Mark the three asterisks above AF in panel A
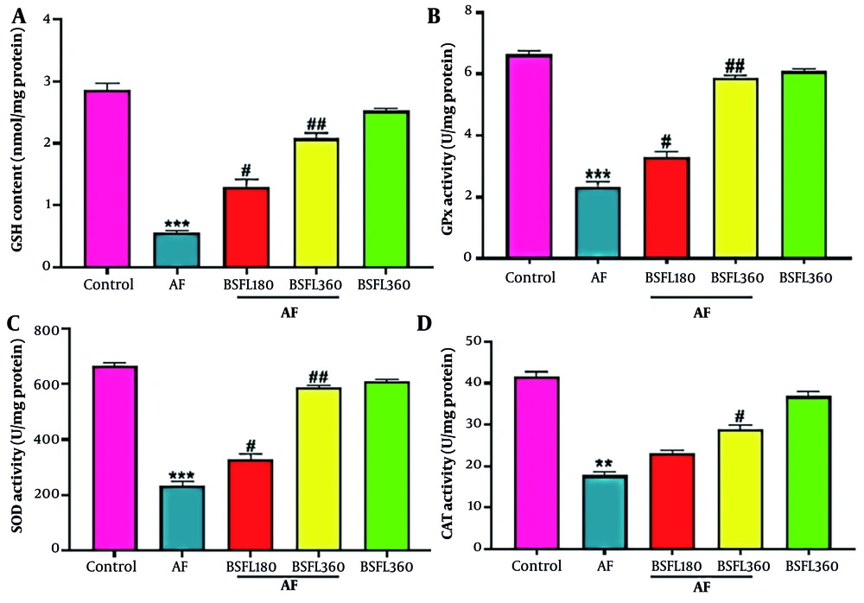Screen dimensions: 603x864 (x=177, y=223)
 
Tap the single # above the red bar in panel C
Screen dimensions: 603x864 (x=246, y=441)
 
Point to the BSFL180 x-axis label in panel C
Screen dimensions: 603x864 (x=246, y=567)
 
